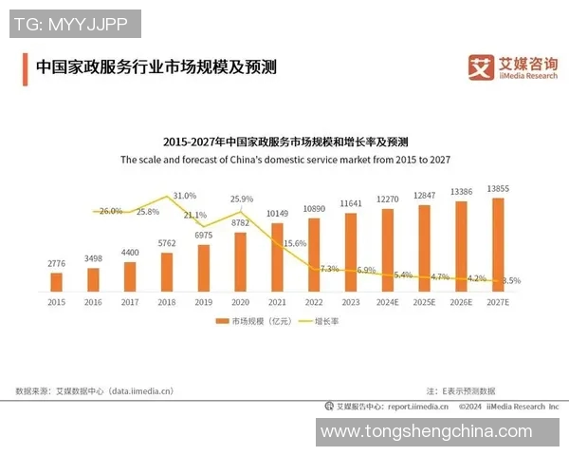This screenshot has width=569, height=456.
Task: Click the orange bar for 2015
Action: coord(57,281)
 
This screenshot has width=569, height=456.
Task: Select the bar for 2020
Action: coord(240,261)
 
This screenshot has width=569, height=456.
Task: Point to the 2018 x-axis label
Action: coord(167,301)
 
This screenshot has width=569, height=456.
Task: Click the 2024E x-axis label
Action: coord(388,301)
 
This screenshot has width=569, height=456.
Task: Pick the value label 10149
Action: coord(277,214)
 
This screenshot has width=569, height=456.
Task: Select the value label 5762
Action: coord(167,244)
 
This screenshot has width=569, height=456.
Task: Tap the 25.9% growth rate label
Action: coord(242,199)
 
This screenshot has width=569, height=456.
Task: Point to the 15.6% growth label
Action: coord(295,243)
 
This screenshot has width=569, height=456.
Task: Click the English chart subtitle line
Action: coord(284,160)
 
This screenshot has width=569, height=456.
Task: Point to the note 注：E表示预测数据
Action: coord(460,390)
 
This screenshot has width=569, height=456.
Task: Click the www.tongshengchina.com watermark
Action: coord(426,432)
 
